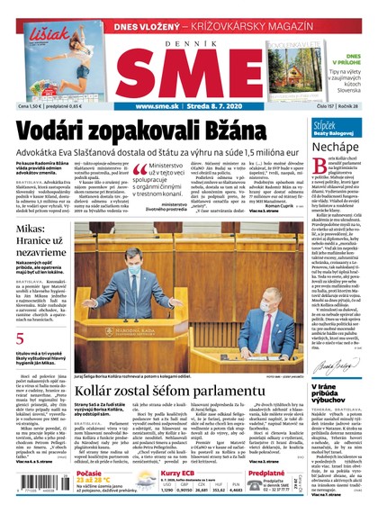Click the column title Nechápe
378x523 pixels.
pos(338,144)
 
